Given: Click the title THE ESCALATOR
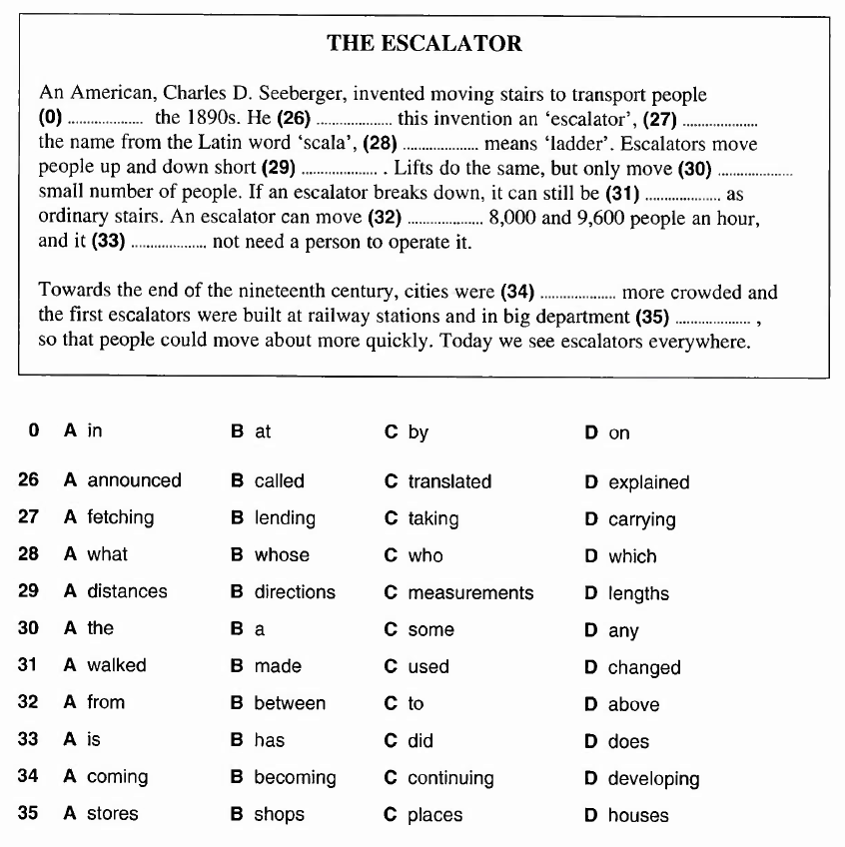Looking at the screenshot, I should click(423, 43).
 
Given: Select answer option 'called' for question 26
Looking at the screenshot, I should click(279, 480).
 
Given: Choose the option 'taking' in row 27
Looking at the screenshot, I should click(432, 518).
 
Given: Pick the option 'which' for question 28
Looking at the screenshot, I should click(632, 556).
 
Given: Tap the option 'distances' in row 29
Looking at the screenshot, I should click(127, 591).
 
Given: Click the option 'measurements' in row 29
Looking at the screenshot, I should click(470, 593).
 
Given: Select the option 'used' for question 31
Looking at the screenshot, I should click(428, 666).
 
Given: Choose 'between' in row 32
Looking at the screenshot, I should click(290, 703).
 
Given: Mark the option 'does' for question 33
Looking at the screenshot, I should click(628, 742).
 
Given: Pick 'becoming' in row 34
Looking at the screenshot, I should click(295, 777).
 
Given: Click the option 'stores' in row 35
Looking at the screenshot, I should click(113, 814).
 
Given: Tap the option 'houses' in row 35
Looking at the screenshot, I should click(638, 816).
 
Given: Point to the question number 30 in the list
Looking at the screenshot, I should click(29, 628).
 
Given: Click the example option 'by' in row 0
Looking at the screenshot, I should click(418, 432).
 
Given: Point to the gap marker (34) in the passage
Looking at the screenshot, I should click(516, 293).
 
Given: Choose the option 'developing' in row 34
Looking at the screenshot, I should click(653, 779).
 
